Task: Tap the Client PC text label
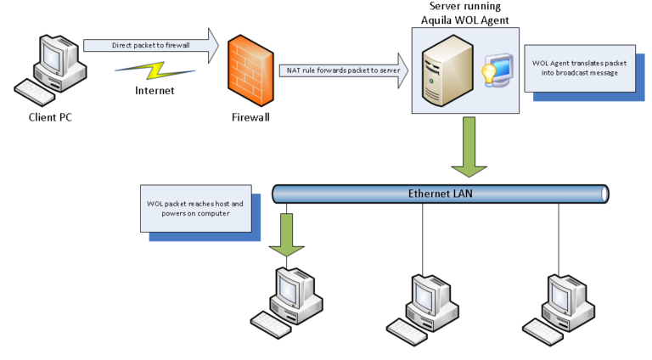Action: pyautogui.click(x=49, y=117)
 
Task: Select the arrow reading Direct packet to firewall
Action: pyautogui.click(x=150, y=43)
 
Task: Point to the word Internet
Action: pyautogui.click(x=154, y=88)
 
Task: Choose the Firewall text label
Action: pyautogui.click(x=250, y=117)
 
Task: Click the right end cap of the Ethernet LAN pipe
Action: pyautogui.click(x=604, y=194)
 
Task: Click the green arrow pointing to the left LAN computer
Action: pyautogui.click(x=286, y=233)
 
